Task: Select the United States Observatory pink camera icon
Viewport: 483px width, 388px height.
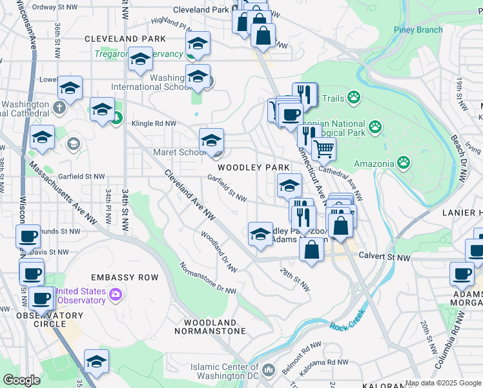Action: (116, 296)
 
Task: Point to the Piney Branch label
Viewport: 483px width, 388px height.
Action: (418, 30)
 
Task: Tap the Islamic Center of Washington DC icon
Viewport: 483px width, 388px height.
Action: (269, 370)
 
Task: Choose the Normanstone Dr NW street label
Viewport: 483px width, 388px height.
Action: (207, 278)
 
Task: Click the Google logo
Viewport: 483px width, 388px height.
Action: (22, 380)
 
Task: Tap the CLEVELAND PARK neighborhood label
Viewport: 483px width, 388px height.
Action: (126, 39)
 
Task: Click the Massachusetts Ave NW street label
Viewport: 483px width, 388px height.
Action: (63, 193)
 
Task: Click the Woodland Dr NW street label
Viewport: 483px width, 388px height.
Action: (218, 252)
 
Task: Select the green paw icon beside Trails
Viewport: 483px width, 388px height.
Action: (353, 97)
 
